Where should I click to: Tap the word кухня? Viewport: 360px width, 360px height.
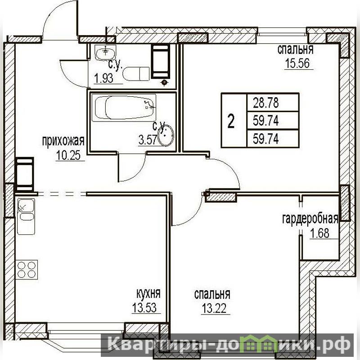148,293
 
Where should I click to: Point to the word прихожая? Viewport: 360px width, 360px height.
63,141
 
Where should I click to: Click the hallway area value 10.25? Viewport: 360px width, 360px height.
68,155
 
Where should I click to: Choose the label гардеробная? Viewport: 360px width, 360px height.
310,219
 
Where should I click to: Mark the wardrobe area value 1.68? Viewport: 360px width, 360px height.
320,233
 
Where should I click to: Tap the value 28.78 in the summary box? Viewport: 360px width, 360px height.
265,103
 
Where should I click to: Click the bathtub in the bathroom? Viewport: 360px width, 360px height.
124,108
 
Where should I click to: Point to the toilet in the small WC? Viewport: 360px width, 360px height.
136,74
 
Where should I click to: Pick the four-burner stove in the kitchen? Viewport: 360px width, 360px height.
27,270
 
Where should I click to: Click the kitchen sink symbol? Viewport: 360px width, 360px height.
26,216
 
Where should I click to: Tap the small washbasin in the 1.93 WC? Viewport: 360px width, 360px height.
106,52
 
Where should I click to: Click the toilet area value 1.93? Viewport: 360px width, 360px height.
104,78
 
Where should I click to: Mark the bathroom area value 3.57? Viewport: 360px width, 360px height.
148,139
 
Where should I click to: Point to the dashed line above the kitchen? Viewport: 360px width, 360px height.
62,194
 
